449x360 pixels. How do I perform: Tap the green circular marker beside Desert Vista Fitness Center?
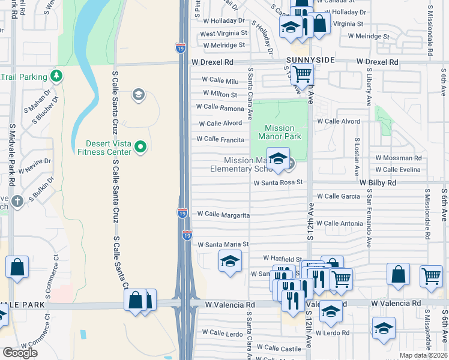(x=140, y=146)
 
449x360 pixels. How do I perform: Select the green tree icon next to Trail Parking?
(x=56, y=76)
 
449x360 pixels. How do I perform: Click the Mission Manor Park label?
(x=279, y=132)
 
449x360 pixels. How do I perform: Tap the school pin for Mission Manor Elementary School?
(x=278, y=160)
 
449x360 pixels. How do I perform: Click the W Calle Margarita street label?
(x=223, y=214)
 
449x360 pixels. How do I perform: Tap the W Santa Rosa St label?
(x=277, y=182)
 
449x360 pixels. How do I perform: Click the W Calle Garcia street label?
(x=339, y=196)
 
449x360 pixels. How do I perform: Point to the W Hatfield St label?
(x=281, y=258)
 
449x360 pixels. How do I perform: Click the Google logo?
(x=20, y=353)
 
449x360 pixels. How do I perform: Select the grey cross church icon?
(x=17, y=201)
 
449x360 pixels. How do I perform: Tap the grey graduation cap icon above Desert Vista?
(x=139, y=95)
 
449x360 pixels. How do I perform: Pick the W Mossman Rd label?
(x=398, y=158)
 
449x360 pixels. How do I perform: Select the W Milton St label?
(x=220, y=94)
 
